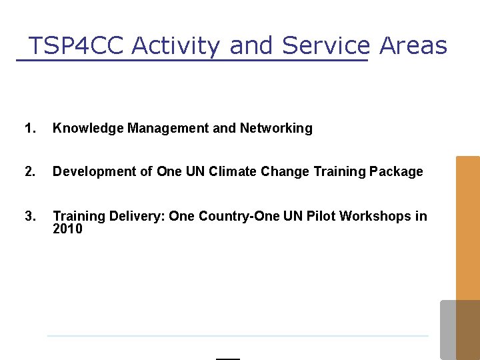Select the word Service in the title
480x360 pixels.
pyautogui.click(x=325, y=46)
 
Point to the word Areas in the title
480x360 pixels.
pyautogui.click(x=413, y=46)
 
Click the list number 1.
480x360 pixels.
pyautogui.click(x=29, y=128)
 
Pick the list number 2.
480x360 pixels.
pyautogui.click(x=29, y=171)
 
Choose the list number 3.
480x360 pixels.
pyautogui.click(x=29, y=216)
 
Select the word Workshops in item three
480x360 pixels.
pyautogui.click(x=376, y=216)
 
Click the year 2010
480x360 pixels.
pyautogui.click(x=67, y=229)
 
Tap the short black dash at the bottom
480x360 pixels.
pyautogui.click(x=228, y=359)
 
